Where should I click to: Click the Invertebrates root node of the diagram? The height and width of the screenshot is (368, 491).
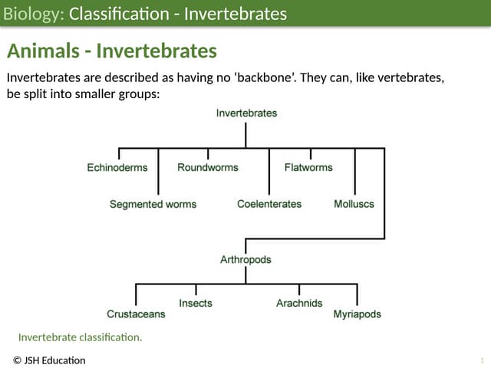246,113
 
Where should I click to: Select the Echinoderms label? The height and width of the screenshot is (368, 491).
117,167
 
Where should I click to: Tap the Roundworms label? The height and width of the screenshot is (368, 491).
208,167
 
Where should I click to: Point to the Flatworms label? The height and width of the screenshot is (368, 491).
308,167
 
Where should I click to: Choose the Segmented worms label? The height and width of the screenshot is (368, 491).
153,204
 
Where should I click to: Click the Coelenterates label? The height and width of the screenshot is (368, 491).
269,204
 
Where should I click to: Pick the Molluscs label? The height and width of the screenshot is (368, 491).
354,204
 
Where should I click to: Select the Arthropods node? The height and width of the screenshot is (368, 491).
245,260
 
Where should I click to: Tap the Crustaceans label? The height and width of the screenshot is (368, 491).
136,314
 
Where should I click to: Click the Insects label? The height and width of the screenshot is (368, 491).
196,304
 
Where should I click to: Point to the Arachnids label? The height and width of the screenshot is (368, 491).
299,304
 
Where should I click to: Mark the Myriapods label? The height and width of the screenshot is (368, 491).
357,314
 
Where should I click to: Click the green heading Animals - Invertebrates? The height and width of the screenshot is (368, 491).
112,51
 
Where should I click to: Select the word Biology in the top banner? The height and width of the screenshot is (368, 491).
31,14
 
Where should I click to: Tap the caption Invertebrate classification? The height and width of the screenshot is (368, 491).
81,337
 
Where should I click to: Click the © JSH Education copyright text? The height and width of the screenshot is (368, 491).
49,360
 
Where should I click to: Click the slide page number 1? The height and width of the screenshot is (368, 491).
481,360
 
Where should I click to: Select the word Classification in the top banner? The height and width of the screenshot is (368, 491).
120,14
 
